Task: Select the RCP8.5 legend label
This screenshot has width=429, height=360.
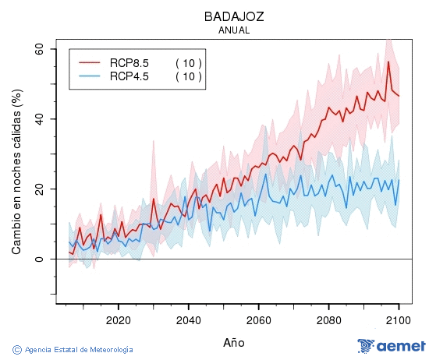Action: (129, 63)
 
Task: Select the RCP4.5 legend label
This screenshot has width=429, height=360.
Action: (129, 76)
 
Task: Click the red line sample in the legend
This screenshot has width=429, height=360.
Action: (90, 63)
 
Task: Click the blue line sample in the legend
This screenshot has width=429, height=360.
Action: (90, 76)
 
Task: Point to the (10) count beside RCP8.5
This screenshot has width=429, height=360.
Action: (188, 63)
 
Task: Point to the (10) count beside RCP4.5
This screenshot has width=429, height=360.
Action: (188, 76)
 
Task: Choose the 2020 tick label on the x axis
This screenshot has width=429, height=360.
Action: (118, 319)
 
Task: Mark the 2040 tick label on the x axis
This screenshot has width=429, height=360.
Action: (188, 319)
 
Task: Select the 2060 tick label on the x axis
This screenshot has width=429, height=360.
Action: (258, 319)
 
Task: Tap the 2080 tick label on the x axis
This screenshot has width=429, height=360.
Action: (328, 319)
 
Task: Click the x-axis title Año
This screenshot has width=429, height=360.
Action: (234, 342)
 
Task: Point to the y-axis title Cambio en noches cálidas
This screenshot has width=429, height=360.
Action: (16, 171)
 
